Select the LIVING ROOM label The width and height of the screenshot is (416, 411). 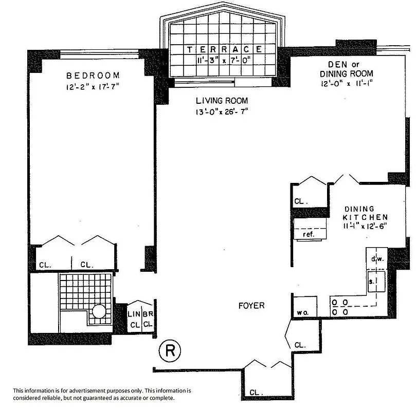[x=222, y=101]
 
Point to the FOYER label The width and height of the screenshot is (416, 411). [x=251, y=306]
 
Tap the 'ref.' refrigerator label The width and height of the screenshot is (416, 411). [x=308, y=234]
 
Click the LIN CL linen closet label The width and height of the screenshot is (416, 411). [x=134, y=319]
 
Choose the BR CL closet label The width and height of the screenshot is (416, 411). [x=148, y=319]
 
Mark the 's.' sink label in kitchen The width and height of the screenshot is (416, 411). [x=372, y=281]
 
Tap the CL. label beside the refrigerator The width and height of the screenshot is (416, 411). [x=300, y=201]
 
